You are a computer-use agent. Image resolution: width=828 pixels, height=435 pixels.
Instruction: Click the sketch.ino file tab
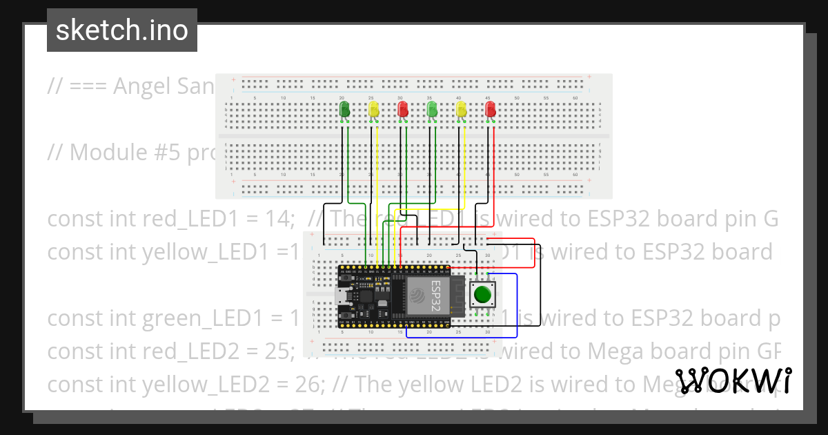tap(121, 30)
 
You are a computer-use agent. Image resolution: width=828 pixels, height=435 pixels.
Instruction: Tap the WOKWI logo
tap(733, 381)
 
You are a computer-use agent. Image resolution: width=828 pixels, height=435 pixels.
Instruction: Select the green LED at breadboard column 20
tap(345, 110)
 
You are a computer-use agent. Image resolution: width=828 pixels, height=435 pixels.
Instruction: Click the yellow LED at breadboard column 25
tap(373, 110)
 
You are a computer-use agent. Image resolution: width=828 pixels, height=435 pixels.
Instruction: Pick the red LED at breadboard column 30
tap(403, 110)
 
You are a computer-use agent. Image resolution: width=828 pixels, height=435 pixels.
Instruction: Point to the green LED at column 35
tap(432, 110)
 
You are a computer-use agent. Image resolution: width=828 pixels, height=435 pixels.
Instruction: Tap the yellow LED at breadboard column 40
tap(462, 110)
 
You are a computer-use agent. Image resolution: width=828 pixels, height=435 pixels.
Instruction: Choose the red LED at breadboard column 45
tap(491, 110)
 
